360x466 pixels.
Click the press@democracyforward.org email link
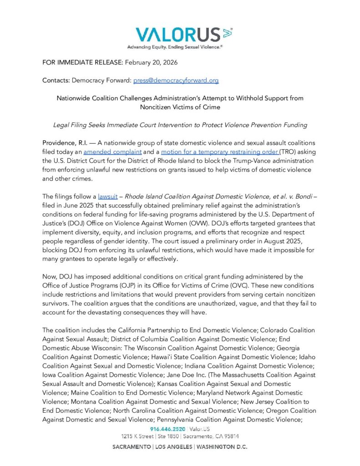tap(176, 80)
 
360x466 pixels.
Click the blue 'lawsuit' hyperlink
tap(106, 197)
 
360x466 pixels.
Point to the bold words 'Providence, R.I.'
tap(61, 143)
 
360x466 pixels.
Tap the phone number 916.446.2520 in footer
tap(167, 429)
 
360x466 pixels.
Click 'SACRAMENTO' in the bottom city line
tap(132, 447)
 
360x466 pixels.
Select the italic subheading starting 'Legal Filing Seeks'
tap(179, 125)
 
